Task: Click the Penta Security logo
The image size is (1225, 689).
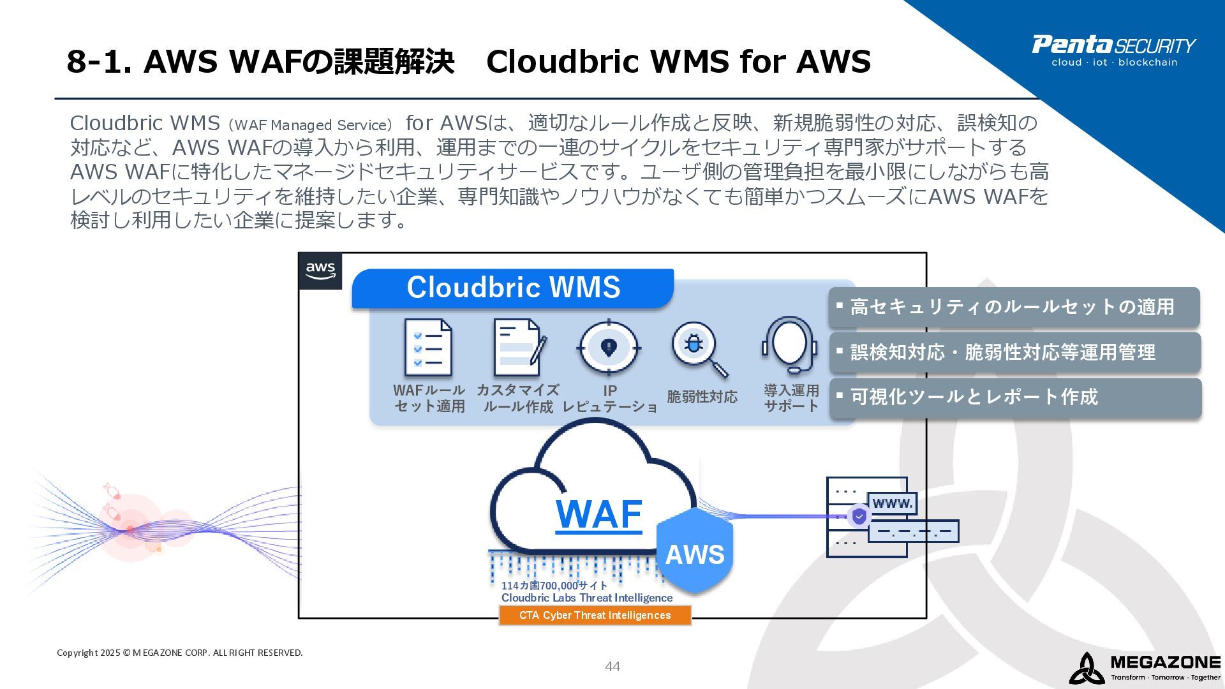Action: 1113,50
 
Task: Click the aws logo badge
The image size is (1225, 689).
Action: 320,270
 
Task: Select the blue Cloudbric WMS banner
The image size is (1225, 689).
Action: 513,288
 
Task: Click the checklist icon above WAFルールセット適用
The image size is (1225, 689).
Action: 428,348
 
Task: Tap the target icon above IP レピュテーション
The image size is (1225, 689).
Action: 609,348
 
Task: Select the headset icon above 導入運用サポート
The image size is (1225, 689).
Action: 790,345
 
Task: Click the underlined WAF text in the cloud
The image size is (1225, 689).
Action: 598,514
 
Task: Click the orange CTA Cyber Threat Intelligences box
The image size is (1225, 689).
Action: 595,615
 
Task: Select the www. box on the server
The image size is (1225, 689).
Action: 892,503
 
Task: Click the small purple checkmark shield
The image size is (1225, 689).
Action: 859,515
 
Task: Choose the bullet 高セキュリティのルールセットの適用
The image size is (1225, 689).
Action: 1013,307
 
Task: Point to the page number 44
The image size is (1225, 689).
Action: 612,667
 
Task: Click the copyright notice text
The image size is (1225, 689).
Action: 180,653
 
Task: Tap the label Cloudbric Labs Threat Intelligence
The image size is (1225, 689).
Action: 587,598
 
